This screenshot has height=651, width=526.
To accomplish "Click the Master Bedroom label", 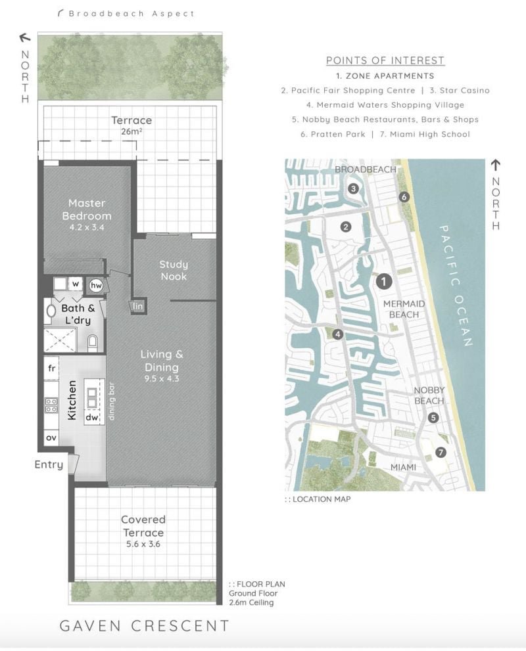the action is (x=87, y=210).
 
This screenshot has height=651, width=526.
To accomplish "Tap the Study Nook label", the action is (x=174, y=270).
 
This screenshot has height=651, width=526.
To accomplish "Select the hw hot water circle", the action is (x=97, y=285).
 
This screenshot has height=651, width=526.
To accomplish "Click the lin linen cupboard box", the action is (x=138, y=306).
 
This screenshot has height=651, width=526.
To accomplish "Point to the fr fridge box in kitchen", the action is (x=51, y=368).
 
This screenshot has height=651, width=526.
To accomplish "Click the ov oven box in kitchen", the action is (x=51, y=438).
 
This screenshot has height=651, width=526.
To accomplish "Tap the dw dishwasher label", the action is (x=92, y=417).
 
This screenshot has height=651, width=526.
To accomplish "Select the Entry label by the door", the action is (x=49, y=464).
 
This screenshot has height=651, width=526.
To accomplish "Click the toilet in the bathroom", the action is (x=92, y=342).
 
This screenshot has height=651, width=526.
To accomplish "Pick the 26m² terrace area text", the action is (x=131, y=131).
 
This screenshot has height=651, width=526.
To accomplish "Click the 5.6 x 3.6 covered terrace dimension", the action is (x=143, y=544).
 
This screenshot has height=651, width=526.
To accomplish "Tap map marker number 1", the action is (x=384, y=282).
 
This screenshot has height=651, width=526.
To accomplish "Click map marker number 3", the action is (x=353, y=189).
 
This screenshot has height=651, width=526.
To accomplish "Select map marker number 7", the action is (x=441, y=452).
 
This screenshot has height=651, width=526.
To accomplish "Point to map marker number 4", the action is (x=338, y=334).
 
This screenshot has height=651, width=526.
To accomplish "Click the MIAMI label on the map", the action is (x=403, y=468).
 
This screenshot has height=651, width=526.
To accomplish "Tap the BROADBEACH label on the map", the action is (x=366, y=169).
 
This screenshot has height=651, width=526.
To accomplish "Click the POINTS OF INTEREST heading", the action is (x=385, y=60).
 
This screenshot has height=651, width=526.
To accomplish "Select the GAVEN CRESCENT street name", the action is (x=144, y=625).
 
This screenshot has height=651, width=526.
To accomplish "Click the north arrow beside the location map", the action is (x=495, y=166).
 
